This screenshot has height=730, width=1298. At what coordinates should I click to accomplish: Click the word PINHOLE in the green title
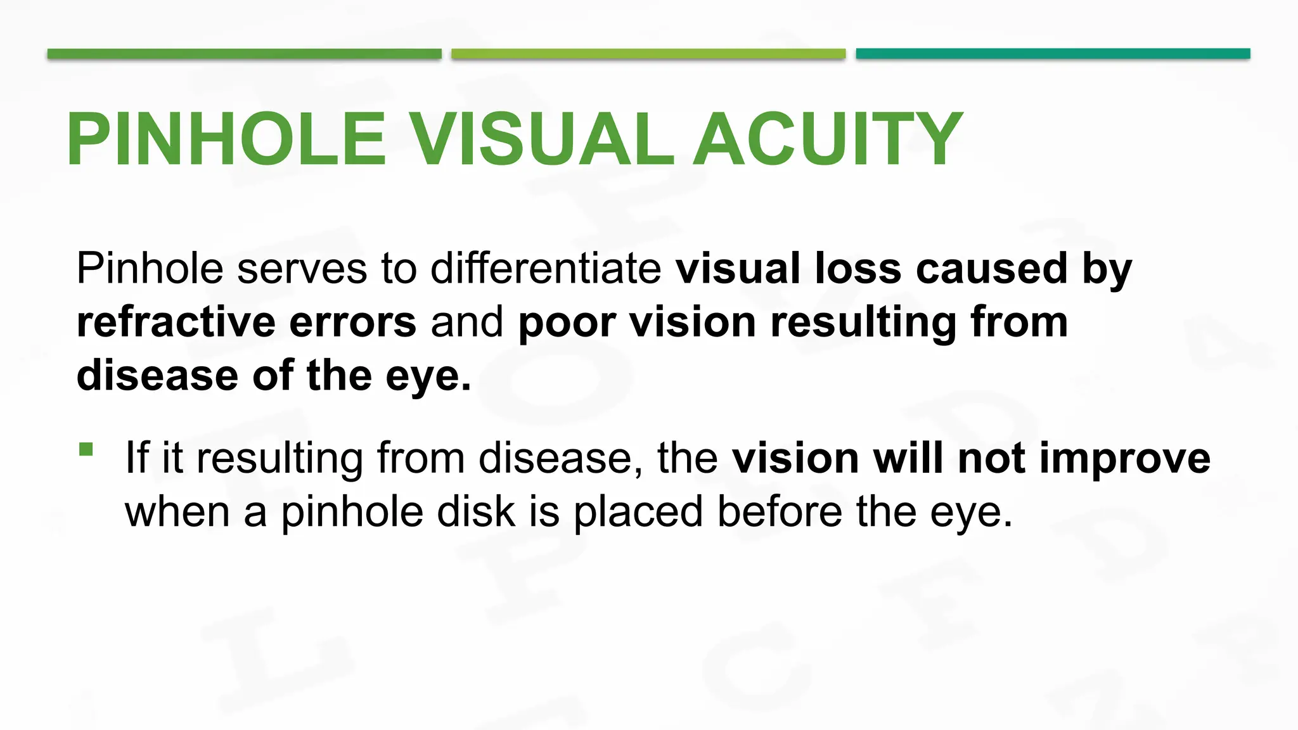[x=226, y=139]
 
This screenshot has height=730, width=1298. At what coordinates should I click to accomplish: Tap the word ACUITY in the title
[x=828, y=139]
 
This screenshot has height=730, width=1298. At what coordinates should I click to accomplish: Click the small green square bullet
[x=86, y=449]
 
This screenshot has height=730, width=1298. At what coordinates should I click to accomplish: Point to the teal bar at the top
[x=1053, y=54]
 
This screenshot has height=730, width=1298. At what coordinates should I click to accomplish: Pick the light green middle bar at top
[x=648, y=54]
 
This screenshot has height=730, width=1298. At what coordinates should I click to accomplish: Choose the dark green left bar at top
[x=244, y=54]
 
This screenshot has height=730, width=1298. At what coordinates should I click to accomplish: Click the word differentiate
[x=546, y=268]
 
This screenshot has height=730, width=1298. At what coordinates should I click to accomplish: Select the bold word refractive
[x=176, y=322]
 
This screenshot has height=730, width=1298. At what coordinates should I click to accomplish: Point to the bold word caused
[x=992, y=268]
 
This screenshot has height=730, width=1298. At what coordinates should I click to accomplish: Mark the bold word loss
[x=858, y=268]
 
